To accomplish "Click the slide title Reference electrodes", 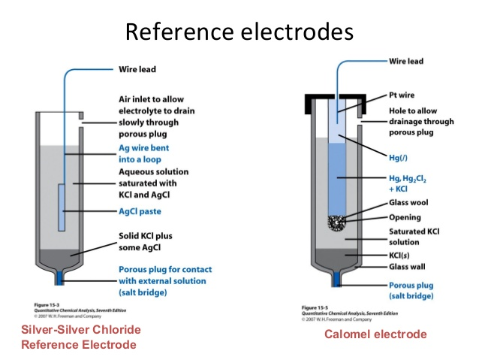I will [x=239, y=32].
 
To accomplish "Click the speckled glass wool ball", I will [x=338, y=223].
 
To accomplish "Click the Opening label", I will [x=406, y=217].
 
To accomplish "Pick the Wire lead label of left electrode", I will [x=139, y=70].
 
